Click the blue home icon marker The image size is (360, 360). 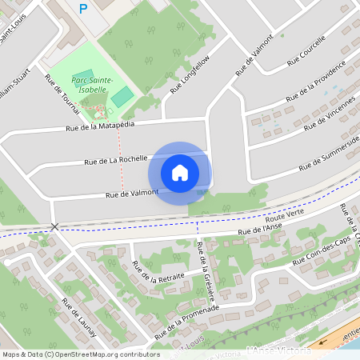179,172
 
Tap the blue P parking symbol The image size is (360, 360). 83,9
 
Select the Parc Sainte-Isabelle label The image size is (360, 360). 92,85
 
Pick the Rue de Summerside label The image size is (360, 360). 328,154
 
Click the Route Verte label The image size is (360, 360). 286,217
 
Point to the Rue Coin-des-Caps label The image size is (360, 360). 322,251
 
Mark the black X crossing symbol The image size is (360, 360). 54,227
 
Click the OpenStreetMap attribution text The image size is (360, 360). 80,354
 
